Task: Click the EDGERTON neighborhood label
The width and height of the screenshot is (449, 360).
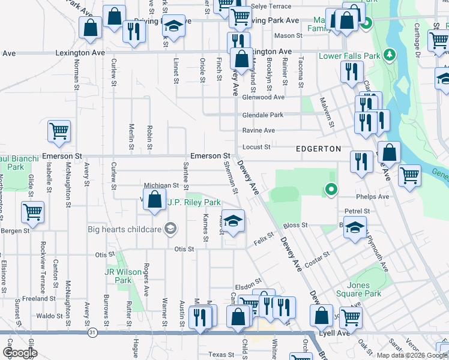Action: tap(318, 148)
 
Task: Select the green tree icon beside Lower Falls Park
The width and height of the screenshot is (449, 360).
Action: tap(390, 55)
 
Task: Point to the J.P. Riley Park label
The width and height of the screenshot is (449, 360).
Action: tap(194, 203)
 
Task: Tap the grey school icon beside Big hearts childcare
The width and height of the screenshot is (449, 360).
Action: tap(170, 228)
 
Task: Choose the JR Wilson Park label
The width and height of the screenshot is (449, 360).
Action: tap(118, 276)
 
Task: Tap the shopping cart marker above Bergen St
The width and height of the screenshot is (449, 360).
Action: tap(32, 211)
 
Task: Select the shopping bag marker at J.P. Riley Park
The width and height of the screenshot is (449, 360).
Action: tap(155, 199)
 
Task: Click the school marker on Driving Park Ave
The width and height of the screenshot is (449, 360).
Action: tap(173, 26)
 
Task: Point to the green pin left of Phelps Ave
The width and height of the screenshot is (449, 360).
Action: tap(330, 190)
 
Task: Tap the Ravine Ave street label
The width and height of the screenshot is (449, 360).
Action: tap(258, 130)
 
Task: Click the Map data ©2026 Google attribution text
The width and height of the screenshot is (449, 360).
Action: tap(412, 355)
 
